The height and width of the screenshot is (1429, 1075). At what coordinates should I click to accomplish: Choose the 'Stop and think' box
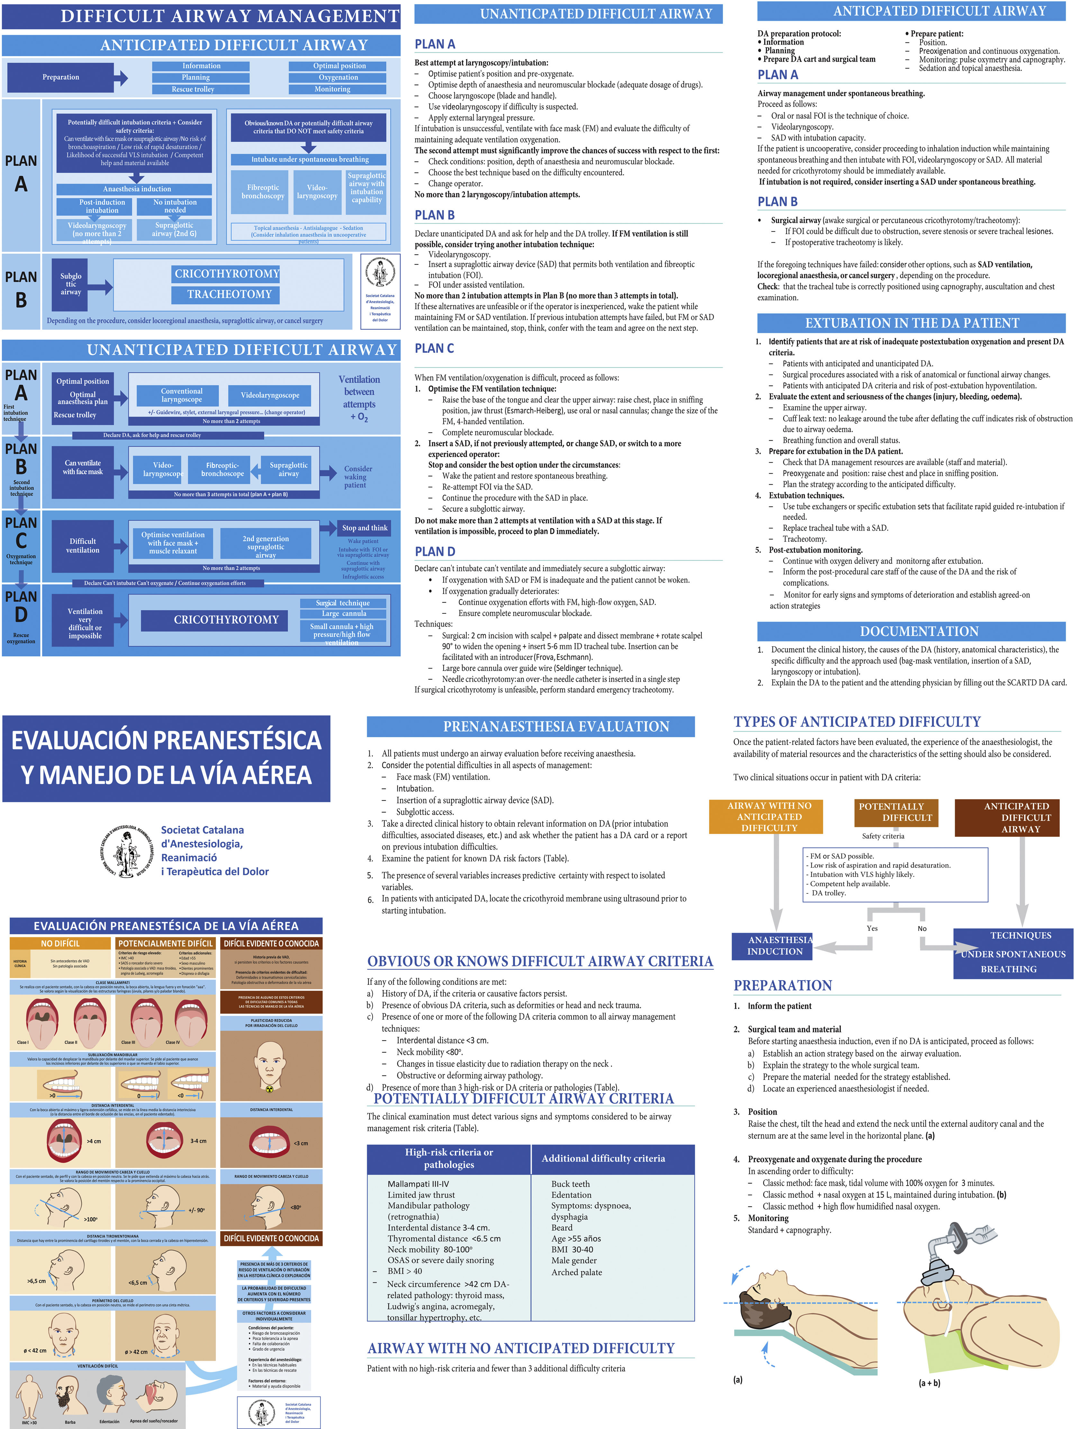[364, 528]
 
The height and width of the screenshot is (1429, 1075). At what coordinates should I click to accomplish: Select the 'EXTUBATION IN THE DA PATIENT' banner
[911, 323]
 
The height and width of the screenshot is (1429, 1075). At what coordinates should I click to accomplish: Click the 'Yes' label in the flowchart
[872, 928]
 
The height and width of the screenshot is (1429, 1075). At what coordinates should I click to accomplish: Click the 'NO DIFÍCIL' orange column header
[60, 943]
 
